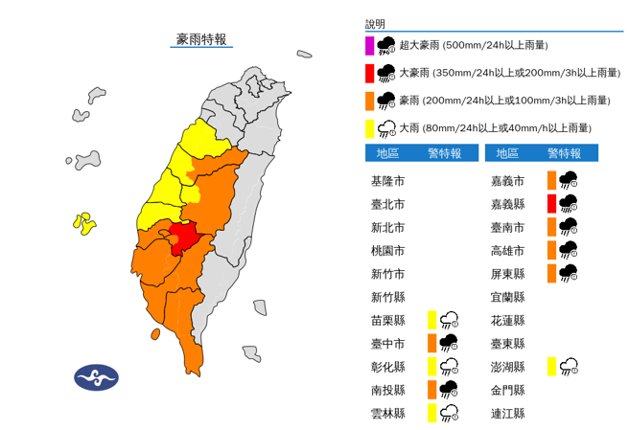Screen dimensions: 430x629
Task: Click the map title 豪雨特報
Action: [x=201, y=39]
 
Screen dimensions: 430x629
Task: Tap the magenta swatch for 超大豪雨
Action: [x=369, y=45]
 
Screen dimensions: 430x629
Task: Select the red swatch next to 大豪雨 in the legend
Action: [x=369, y=73]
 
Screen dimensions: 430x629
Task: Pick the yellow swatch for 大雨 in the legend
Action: [x=369, y=127]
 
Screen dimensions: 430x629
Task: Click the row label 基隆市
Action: [x=387, y=180]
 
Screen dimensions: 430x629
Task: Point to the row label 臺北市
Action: [x=387, y=204]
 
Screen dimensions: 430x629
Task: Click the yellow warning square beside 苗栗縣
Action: [x=432, y=320]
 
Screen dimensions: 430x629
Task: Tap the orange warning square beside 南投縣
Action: [x=432, y=390]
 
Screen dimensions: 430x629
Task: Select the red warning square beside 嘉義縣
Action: [x=551, y=203]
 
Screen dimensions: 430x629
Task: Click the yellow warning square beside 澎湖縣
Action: [x=551, y=366]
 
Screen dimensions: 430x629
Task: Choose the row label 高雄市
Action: [x=506, y=250]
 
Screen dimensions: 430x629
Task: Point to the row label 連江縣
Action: [x=506, y=413]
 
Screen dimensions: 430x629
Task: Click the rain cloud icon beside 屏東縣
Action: [x=568, y=273]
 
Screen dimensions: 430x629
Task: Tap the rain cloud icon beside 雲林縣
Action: [x=449, y=413]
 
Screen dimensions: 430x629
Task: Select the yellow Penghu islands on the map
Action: [x=84, y=223]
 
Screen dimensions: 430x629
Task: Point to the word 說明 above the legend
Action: [x=375, y=23]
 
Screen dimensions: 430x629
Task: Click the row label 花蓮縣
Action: [x=506, y=320]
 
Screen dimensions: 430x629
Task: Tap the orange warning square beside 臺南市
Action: [x=551, y=227]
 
